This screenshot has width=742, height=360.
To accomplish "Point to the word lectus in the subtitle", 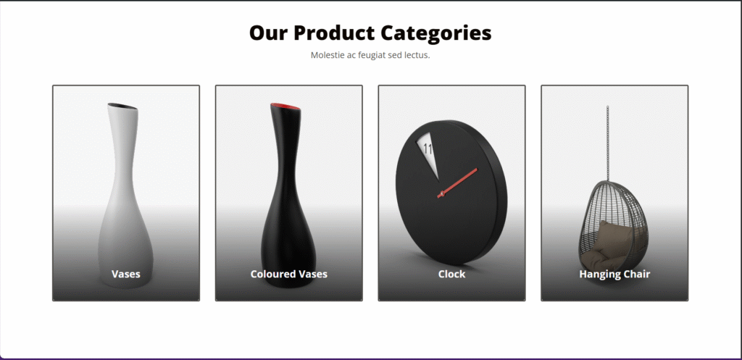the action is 417,55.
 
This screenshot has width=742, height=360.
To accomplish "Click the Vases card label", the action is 126,274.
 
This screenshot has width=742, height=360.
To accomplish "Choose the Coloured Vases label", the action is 288,274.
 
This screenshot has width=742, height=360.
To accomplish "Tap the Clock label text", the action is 452,274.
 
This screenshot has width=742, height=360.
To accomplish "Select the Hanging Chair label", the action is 614,274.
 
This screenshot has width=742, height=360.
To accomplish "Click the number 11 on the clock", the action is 428,148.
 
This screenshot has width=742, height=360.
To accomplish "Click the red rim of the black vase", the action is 285,107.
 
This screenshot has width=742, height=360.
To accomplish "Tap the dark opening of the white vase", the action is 122,106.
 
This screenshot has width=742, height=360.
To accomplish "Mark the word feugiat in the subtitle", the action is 371,55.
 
